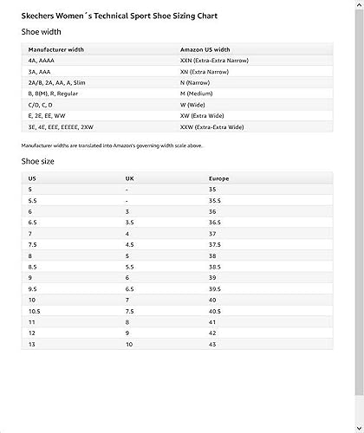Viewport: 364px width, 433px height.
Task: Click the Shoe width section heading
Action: (x=41, y=32)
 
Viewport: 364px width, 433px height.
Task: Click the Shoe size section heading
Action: (x=38, y=161)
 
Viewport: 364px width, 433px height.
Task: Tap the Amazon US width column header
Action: (x=205, y=50)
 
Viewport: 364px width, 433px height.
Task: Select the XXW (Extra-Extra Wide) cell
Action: (x=212, y=126)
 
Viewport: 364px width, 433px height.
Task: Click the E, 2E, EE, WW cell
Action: (x=47, y=115)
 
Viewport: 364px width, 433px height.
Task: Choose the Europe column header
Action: (x=218, y=178)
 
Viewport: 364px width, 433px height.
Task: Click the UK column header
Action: (x=129, y=178)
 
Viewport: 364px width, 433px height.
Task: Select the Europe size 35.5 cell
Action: (x=215, y=200)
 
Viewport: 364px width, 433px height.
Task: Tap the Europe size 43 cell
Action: (x=212, y=344)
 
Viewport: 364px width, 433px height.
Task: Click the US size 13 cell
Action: (x=32, y=344)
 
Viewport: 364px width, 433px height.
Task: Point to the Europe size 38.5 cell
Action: (x=215, y=267)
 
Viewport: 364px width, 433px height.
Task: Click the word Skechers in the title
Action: (x=38, y=16)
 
